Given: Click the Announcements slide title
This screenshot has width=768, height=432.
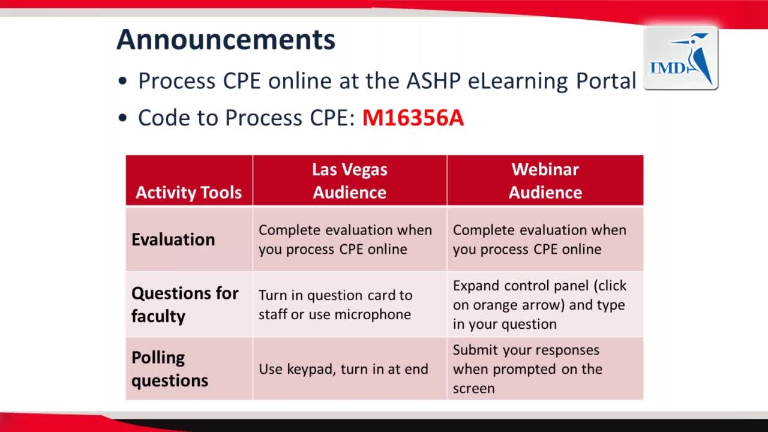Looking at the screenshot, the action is [x=226, y=40].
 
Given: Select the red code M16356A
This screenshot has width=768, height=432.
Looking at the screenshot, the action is [x=413, y=118].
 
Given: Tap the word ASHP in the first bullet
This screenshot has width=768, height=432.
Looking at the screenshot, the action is [x=433, y=81].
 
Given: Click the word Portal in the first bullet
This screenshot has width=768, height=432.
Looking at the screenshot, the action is [x=606, y=81].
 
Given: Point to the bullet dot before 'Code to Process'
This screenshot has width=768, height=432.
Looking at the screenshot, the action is [x=122, y=118].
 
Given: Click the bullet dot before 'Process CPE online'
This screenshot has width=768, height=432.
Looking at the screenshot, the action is [x=122, y=82].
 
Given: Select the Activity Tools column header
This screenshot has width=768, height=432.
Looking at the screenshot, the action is [x=188, y=193].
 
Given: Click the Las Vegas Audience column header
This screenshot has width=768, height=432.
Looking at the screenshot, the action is [x=350, y=181].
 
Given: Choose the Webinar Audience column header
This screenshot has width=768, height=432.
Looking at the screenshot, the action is [x=545, y=181].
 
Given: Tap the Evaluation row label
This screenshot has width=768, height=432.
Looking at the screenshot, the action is [x=173, y=239].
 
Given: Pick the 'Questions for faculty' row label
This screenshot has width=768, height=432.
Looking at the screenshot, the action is [x=185, y=304].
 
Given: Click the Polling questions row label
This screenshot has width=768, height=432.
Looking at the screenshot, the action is [x=170, y=369].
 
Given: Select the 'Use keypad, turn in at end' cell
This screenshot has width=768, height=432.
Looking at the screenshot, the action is [x=344, y=369].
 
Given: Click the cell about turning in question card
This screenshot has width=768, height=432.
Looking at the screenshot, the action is [x=335, y=305].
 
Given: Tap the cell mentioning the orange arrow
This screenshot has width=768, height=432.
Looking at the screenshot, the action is [x=539, y=305].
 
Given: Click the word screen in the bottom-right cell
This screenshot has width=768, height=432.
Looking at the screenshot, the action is [x=473, y=389].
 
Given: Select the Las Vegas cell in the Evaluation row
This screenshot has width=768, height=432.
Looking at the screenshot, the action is [x=345, y=239].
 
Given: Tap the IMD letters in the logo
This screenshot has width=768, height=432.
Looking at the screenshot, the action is [x=668, y=68].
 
